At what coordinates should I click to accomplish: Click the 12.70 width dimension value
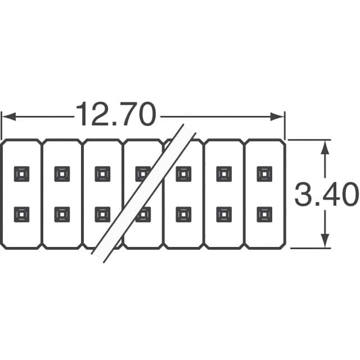(x=116, y=114)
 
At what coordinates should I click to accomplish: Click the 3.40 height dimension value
(x=326, y=194)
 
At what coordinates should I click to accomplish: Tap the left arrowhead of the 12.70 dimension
(x=9, y=116)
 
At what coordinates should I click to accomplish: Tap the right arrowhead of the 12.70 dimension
(x=277, y=116)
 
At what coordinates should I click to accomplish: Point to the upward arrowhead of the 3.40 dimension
(x=325, y=147)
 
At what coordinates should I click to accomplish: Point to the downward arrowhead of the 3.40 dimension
(x=325, y=241)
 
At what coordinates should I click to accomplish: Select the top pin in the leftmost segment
(x=21, y=174)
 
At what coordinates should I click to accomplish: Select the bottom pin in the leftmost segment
(x=21, y=214)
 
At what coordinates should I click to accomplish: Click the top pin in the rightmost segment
(x=264, y=174)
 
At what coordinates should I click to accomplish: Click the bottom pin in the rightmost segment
(x=264, y=214)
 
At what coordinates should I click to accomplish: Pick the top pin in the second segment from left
(x=62, y=174)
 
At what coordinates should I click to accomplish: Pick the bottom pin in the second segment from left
(x=62, y=214)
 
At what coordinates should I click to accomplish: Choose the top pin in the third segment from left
(x=102, y=174)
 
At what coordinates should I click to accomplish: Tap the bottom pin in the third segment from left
(x=102, y=214)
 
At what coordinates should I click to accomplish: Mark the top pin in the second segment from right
(x=224, y=174)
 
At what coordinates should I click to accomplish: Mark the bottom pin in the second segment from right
(x=224, y=214)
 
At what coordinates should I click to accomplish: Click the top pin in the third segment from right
(x=183, y=174)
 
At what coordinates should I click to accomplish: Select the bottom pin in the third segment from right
(x=183, y=214)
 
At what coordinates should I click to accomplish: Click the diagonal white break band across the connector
(x=144, y=193)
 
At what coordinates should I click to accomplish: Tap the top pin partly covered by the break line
(x=142, y=174)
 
